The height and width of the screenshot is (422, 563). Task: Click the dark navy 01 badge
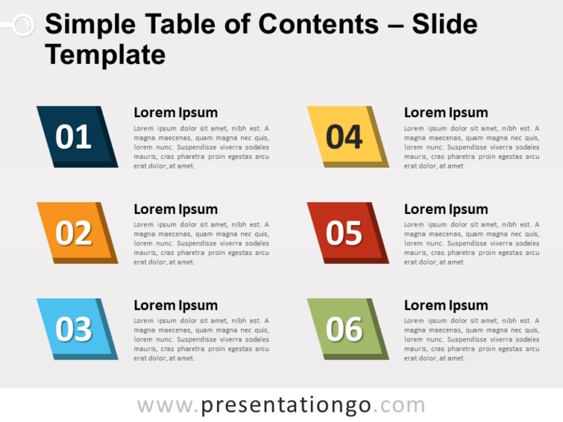coord(75,137)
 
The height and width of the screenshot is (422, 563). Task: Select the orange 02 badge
coord(75,233)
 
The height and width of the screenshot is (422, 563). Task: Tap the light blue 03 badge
coord(75,329)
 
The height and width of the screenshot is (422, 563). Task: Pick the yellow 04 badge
coord(345,137)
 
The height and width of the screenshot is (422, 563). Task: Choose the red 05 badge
coord(345,233)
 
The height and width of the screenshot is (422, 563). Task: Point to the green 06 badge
coord(345,329)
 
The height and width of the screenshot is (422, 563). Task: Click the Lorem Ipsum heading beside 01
coord(175,112)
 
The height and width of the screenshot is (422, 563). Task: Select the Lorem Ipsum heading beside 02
coord(175,209)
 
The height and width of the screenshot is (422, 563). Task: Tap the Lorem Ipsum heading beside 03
coord(175,305)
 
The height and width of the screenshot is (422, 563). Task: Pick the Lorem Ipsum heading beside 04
coord(446,112)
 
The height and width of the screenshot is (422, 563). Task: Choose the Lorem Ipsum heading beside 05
coord(446,209)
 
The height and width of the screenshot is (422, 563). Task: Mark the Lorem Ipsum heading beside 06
coord(446,305)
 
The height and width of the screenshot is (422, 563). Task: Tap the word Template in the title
coord(105,55)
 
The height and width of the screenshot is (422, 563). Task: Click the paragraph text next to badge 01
coord(201,147)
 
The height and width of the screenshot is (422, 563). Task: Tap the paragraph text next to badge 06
coord(471,339)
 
